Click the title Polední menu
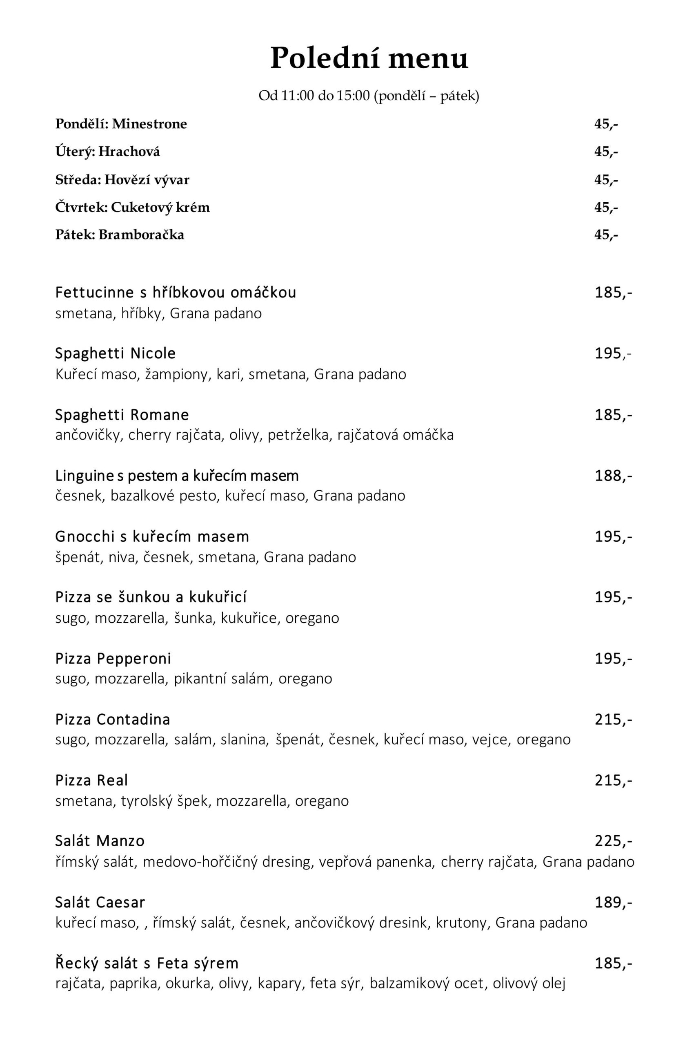369,58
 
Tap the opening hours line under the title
369,96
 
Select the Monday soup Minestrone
121,124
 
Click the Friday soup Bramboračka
120,235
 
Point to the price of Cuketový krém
606,207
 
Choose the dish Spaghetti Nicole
115,353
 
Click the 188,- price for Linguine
613,475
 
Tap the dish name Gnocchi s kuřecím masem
152,536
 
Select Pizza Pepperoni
113,659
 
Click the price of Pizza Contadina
613,720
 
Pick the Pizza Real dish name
91,780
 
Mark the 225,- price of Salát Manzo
613,841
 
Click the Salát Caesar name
100,902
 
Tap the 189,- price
613,902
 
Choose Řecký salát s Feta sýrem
147,963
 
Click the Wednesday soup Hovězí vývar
122,180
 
